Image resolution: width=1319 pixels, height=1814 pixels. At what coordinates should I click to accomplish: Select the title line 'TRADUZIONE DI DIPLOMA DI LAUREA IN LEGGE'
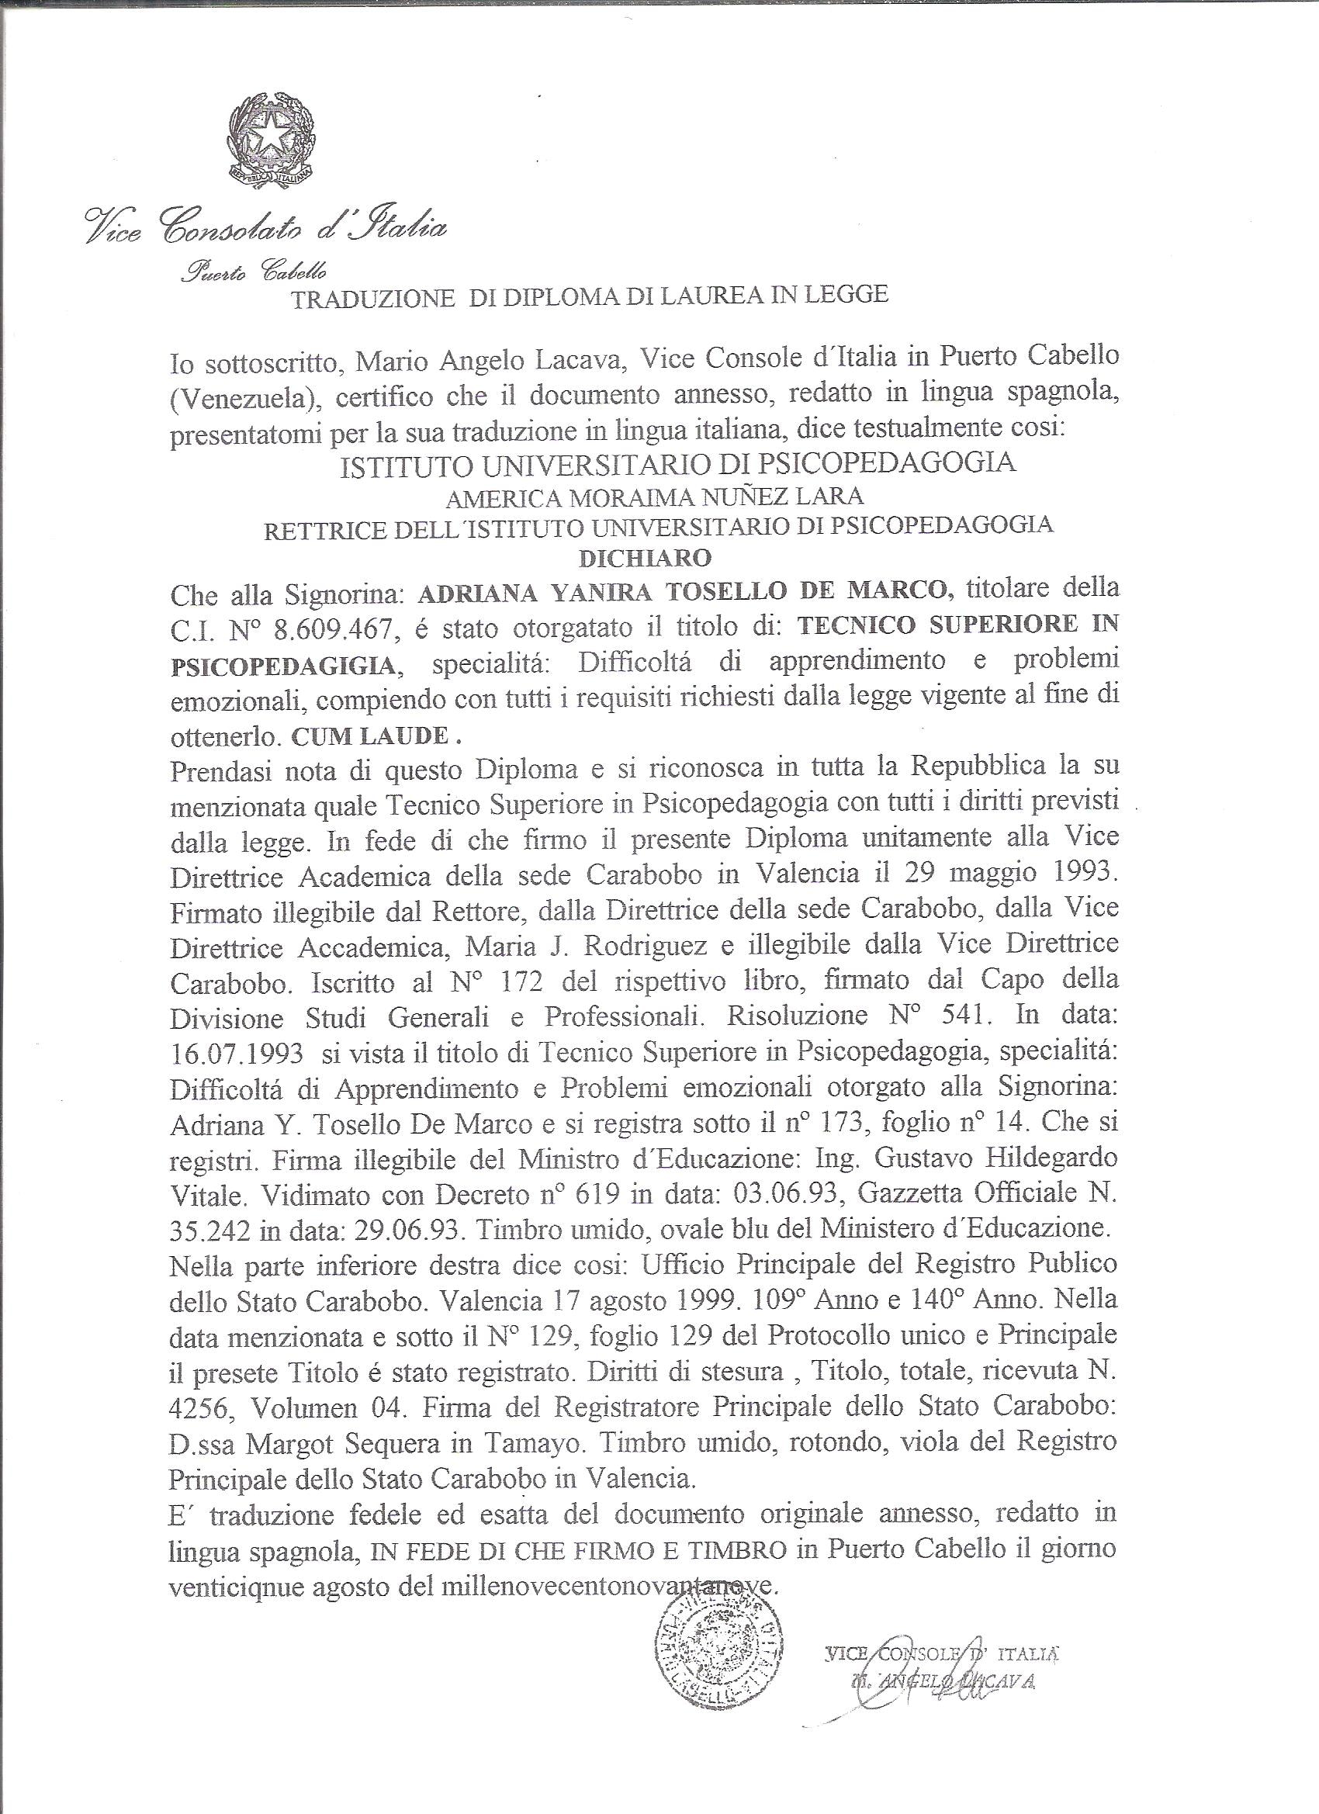point(590,295)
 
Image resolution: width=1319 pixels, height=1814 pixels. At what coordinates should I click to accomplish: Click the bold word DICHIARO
point(645,558)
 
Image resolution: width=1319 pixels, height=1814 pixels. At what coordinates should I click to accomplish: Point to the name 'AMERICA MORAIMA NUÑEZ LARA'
point(654,497)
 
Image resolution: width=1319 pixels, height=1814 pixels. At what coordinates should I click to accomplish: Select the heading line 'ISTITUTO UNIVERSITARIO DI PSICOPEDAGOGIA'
point(678,464)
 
